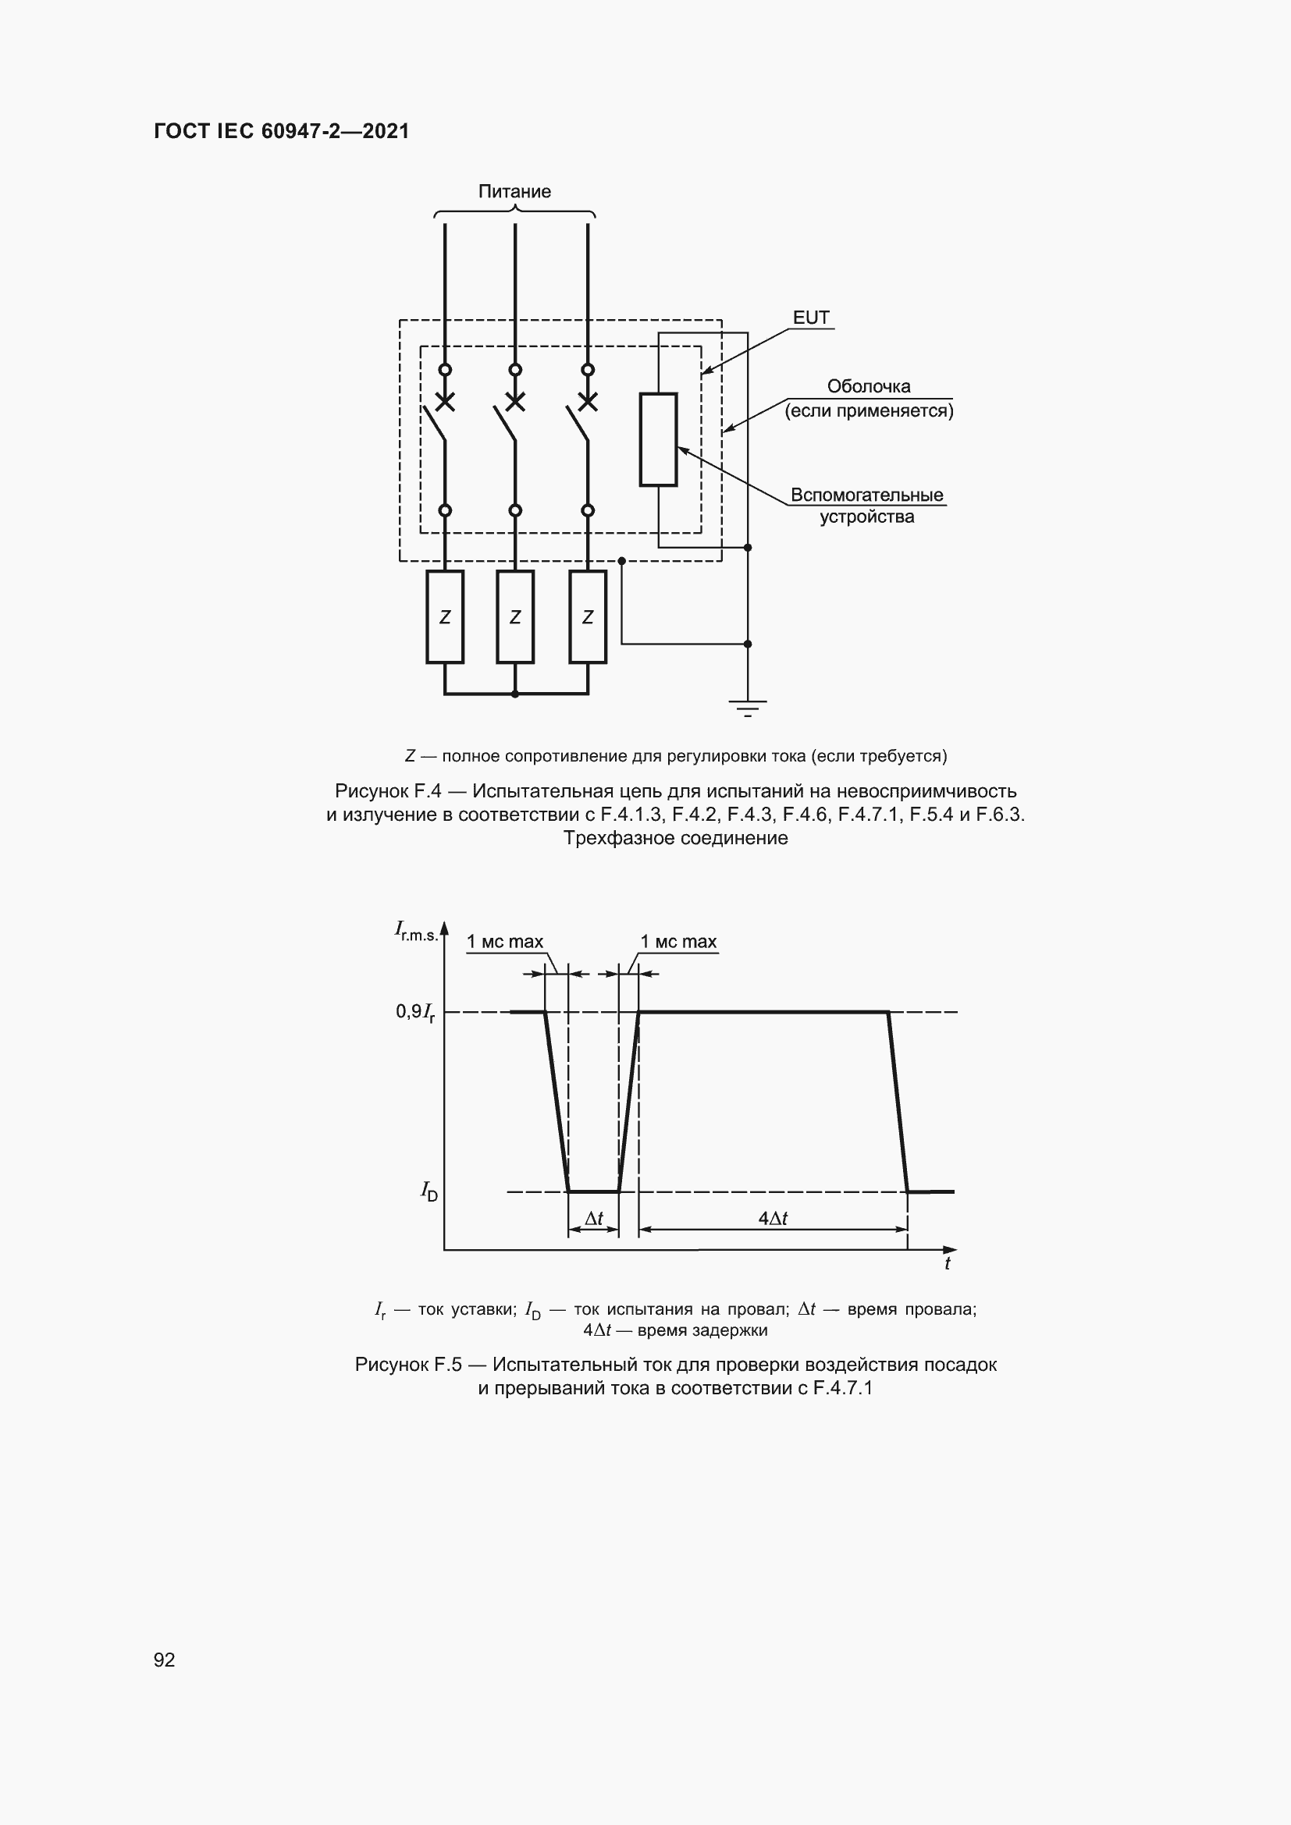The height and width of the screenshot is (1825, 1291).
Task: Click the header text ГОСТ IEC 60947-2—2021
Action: (x=282, y=131)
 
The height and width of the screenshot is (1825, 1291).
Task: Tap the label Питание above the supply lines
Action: (x=514, y=192)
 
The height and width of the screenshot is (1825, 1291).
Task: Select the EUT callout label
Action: (x=811, y=318)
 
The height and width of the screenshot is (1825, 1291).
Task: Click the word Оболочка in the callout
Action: (x=868, y=387)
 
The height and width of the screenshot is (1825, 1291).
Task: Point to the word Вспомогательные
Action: (x=866, y=495)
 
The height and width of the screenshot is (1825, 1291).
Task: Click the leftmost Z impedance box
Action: (x=445, y=617)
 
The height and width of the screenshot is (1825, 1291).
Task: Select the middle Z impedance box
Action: (x=515, y=617)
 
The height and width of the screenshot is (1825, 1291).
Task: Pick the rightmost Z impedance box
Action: (x=588, y=617)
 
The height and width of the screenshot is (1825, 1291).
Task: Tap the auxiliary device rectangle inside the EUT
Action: (x=658, y=438)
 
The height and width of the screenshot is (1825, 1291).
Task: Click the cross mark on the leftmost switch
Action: (x=445, y=402)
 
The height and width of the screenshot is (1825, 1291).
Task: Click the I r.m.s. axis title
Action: (x=417, y=931)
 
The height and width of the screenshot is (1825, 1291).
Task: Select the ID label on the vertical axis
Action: (x=429, y=1191)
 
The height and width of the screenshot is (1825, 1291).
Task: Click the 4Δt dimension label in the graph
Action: (x=773, y=1219)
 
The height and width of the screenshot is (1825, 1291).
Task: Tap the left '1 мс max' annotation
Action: (x=505, y=942)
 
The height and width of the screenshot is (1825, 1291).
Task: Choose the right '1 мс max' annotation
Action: (x=679, y=942)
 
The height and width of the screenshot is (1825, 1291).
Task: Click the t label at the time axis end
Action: (x=947, y=1264)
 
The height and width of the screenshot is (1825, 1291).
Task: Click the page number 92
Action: (x=165, y=1660)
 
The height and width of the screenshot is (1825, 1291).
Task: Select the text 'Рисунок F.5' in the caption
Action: (x=407, y=1365)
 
